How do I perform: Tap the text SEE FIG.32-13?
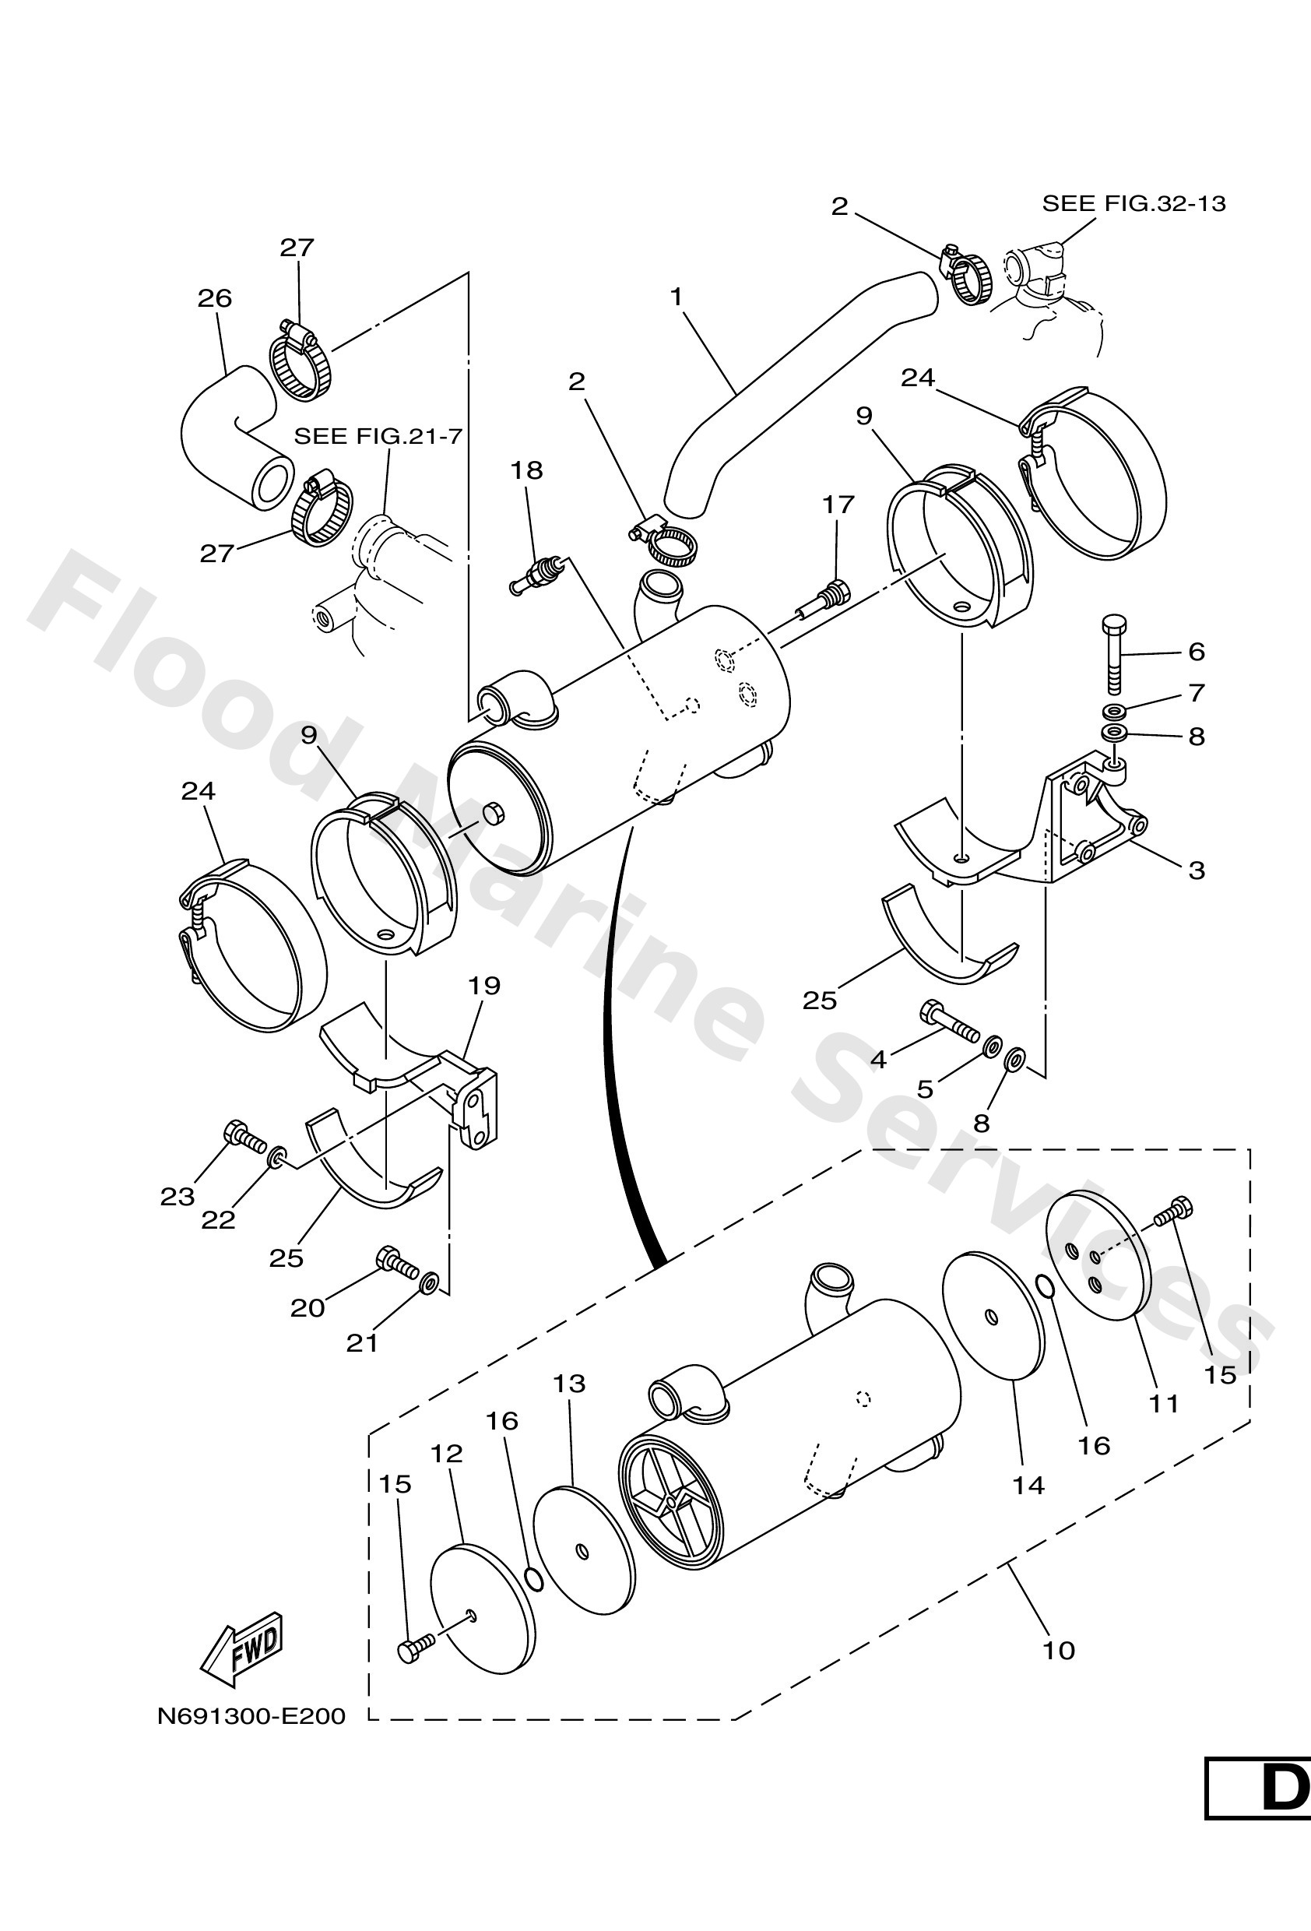(x=1134, y=203)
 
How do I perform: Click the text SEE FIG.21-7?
(x=378, y=436)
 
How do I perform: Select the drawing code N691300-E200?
(x=251, y=1716)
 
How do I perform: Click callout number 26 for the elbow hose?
(x=214, y=298)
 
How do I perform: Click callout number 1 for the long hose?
(x=677, y=297)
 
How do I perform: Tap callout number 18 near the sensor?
(x=526, y=470)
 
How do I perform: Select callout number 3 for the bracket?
(x=1196, y=871)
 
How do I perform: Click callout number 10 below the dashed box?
(x=1059, y=1650)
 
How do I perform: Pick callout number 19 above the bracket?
(x=483, y=987)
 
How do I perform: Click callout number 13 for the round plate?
(x=569, y=1384)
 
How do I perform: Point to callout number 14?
(x=1028, y=1485)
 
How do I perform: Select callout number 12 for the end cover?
(x=446, y=1454)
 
